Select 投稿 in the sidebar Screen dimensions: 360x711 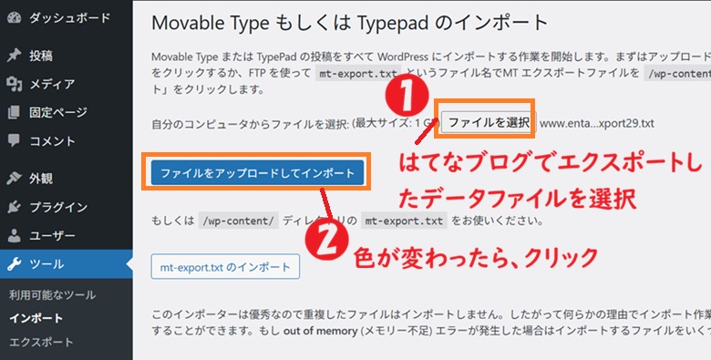coord(42,56)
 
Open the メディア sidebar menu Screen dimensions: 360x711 coord(52,84)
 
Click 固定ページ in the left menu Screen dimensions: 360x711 coord(57,113)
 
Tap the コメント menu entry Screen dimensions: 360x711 coord(52,141)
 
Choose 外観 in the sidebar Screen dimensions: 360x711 coord(42,178)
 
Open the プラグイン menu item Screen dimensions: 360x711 coord(57,207)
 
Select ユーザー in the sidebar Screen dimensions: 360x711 coord(52,236)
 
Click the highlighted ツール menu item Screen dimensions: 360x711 coord(46,265)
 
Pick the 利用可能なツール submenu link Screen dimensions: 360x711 coord(52,295)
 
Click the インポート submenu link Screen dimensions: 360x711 coord(36,318)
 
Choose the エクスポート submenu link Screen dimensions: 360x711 coord(42,342)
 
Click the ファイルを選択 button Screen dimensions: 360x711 coord(488,121)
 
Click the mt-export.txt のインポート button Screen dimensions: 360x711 coord(224,267)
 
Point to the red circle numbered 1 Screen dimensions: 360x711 coord(407,94)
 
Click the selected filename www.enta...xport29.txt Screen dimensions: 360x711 coord(597,122)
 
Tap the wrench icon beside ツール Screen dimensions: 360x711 coord(14,265)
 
